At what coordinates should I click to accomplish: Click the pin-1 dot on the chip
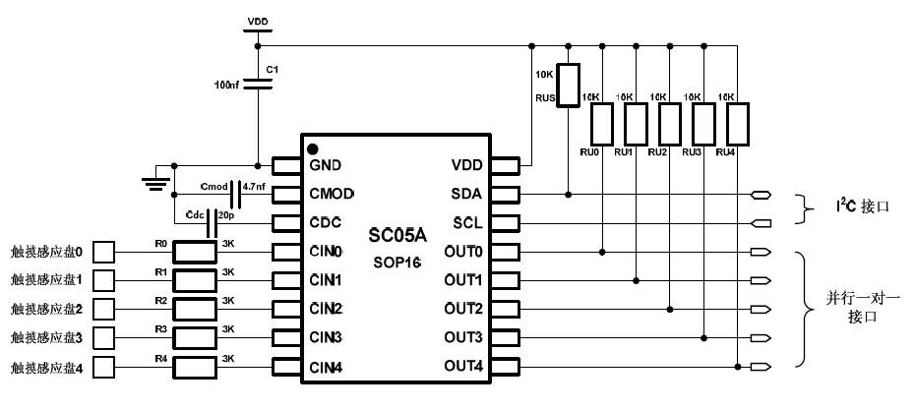pyautogui.click(x=312, y=148)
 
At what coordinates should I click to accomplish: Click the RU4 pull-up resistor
pyautogui.click(x=738, y=124)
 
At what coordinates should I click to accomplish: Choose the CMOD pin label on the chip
pyautogui.click(x=332, y=193)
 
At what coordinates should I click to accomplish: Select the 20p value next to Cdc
pyautogui.click(x=226, y=213)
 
